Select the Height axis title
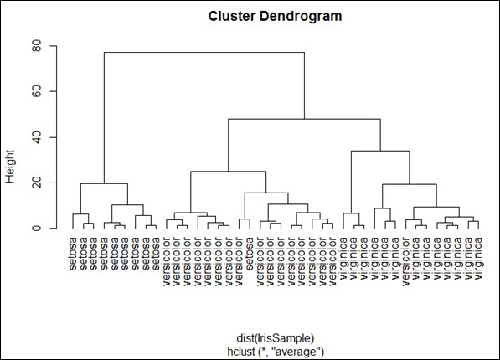pyautogui.click(x=10, y=167)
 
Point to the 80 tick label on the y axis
pyautogui.click(x=37, y=46)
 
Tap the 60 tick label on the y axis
pyautogui.click(x=37, y=91)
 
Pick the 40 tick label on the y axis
pyautogui.click(x=37, y=137)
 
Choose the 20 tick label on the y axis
pyautogui.click(x=37, y=183)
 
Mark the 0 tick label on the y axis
pyautogui.click(x=37, y=229)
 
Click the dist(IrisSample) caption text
pyautogui.click(x=276, y=338)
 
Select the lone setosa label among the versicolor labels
pyautogui.click(x=250, y=254)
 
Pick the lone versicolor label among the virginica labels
pyautogui.click(x=405, y=261)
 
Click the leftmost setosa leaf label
pyautogui.click(x=73, y=254)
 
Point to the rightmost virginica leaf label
pyautogui.click(x=478, y=259)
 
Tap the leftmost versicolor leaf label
pyautogui.click(x=167, y=261)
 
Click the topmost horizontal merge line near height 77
pyautogui.click(x=204, y=52)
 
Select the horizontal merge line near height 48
pyautogui.click(x=304, y=119)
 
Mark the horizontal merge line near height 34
pyautogui.click(x=380, y=151)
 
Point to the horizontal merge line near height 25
pyautogui.click(x=229, y=172)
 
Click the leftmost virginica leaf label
pyautogui.click(x=343, y=259)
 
